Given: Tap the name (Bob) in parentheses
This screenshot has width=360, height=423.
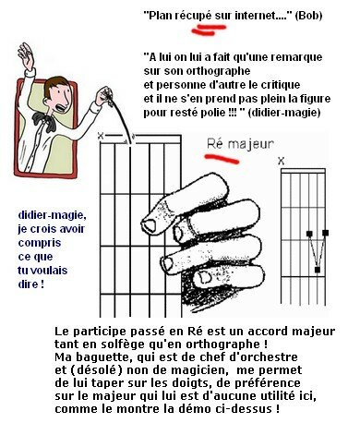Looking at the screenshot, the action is tap(308, 16).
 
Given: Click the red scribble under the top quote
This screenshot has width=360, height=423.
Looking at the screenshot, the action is tap(209, 30).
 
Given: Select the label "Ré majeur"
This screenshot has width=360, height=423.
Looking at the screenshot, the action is tap(240, 144).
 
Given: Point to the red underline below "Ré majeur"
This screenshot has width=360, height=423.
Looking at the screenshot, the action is tap(222, 159).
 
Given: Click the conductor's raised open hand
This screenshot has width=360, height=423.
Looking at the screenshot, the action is tap(26, 56).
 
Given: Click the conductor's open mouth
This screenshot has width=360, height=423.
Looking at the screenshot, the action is tap(60, 108).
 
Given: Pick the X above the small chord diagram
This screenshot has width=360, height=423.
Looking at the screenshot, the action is tap(281, 161).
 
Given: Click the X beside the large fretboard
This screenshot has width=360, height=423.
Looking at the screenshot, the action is tap(101, 135).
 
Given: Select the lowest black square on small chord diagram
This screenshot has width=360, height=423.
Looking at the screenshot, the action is tap(318, 270).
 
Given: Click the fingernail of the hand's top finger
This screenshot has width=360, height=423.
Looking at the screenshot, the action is tap(150, 225).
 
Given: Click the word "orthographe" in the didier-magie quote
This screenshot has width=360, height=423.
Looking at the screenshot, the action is tap(218, 71).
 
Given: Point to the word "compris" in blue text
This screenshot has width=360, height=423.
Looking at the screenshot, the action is tap(40, 243).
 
